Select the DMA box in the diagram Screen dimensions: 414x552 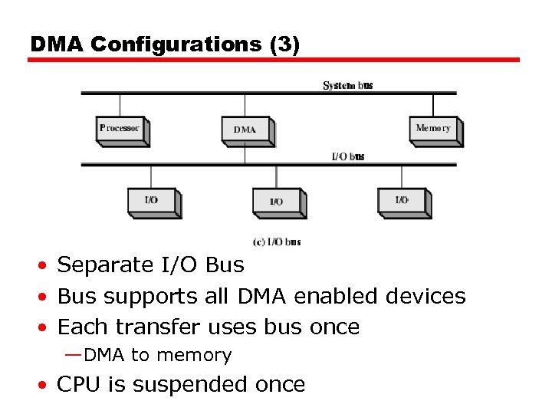[x=245, y=130]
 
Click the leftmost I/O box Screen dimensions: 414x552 [x=152, y=201]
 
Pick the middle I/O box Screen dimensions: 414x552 [x=277, y=202]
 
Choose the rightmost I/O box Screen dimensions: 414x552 [x=402, y=201]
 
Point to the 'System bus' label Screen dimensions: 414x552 [x=348, y=85]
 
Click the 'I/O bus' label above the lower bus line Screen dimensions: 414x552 [x=347, y=156]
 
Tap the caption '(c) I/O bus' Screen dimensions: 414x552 [x=276, y=242]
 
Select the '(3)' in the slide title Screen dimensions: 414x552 [x=284, y=44]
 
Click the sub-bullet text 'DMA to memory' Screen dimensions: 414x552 [x=157, y=355]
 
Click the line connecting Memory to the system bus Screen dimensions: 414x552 [x=433, y=105]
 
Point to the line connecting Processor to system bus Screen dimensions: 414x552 [x=120, y=105]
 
